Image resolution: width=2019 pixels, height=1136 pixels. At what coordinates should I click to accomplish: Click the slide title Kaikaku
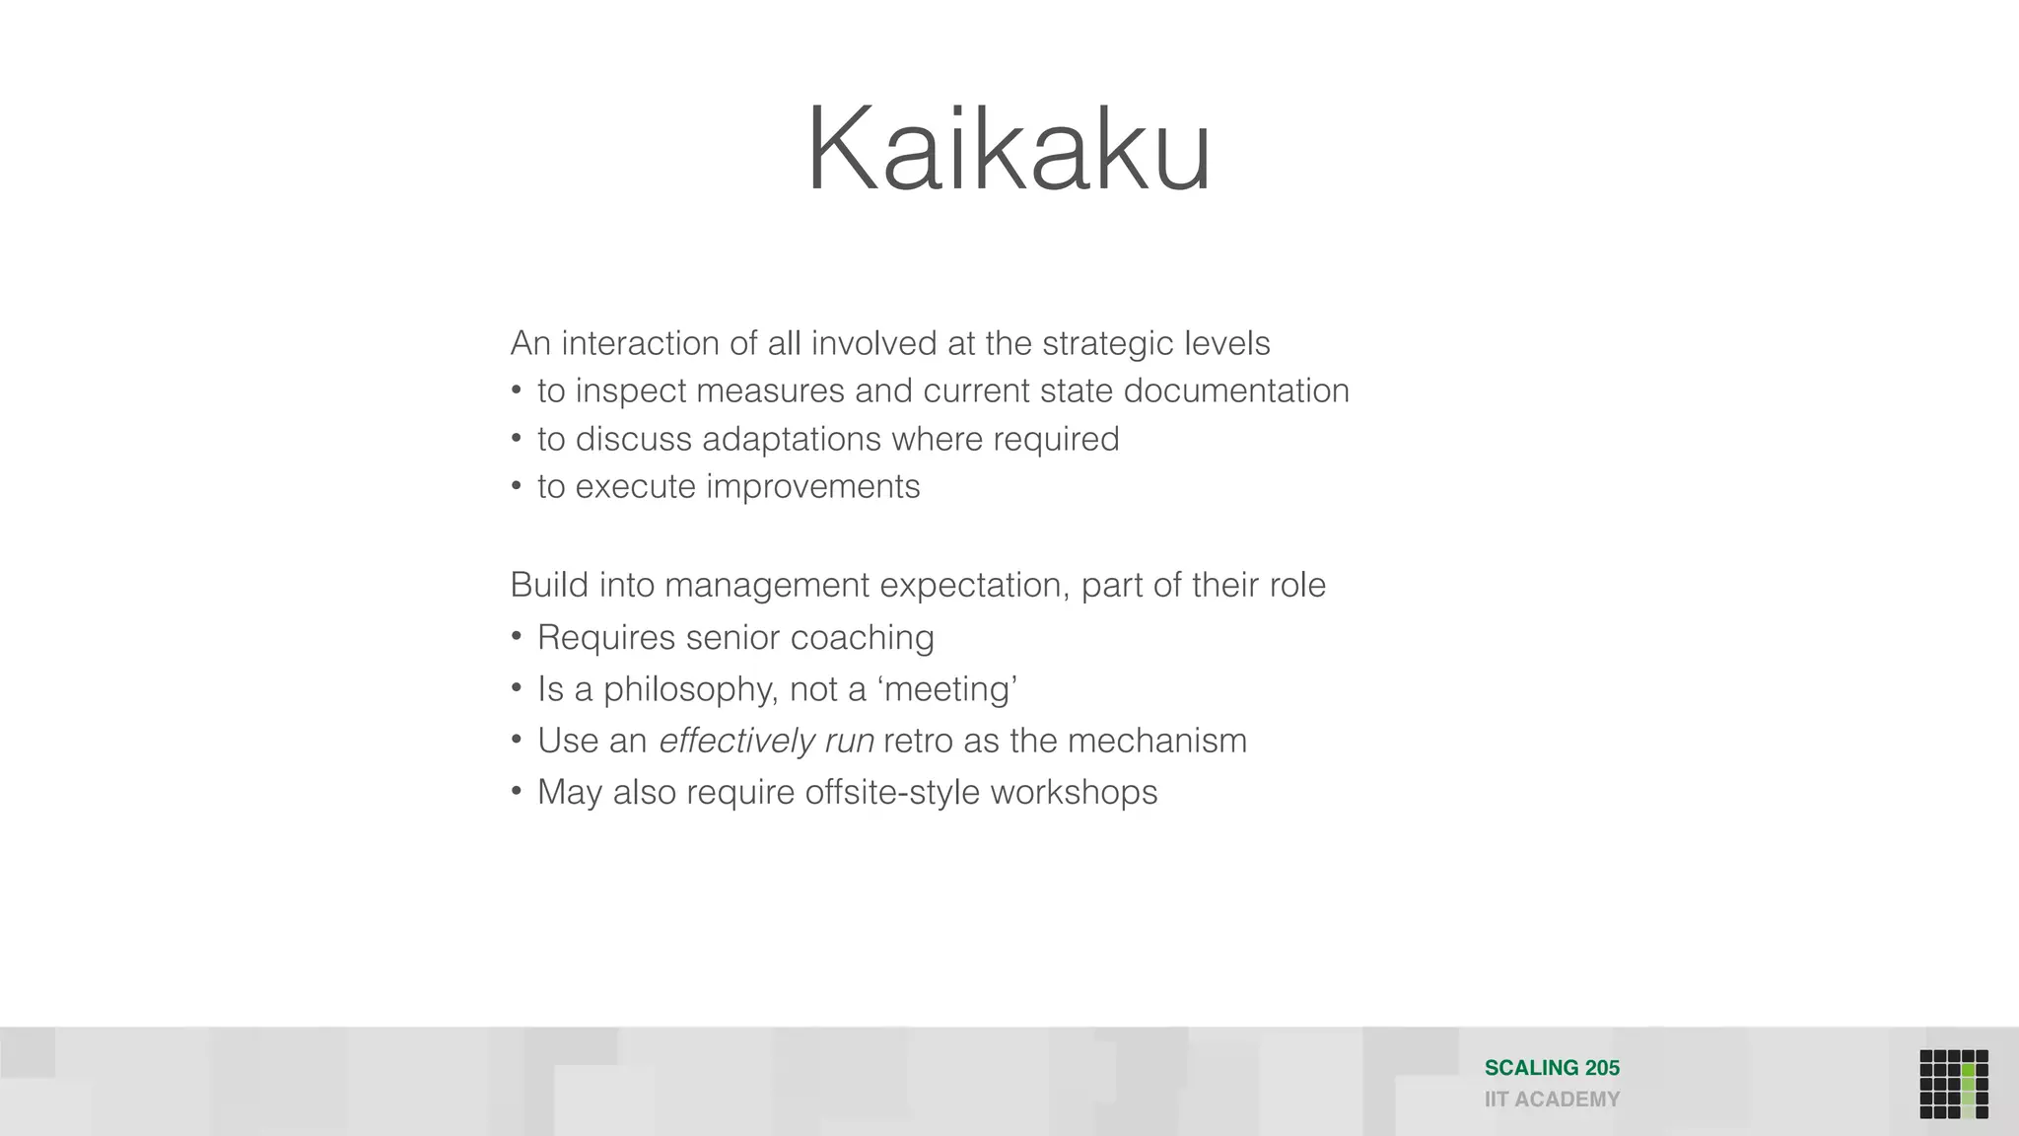[x=1009, y=150]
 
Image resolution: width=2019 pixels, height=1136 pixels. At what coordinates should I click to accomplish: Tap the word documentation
[x=1236, y=390]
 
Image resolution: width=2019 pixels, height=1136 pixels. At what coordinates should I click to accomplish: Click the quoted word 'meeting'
[x=946, y=689]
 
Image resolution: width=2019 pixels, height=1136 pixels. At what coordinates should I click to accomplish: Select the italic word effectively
[x=736, y=741]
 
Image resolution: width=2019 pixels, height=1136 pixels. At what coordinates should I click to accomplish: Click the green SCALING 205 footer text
[x=1552, y=1068]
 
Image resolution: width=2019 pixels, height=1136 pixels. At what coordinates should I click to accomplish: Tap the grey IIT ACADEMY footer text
[x=1552, y=1100]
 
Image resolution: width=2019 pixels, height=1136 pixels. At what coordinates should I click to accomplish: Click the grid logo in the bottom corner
[x=1953, y=1084]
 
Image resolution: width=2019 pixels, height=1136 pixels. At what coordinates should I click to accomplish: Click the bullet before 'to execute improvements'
[x=516, y=487]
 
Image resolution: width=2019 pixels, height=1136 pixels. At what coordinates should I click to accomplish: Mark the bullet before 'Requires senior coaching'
[x=516, y=638]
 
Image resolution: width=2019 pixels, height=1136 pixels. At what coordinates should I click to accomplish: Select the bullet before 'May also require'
[x=516, y=792]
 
